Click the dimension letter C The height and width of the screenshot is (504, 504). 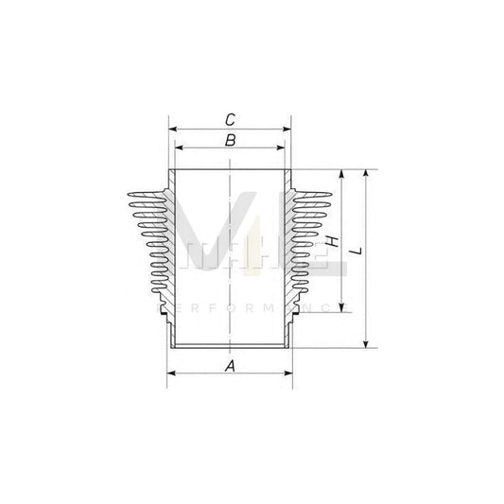click(x=230, y=119)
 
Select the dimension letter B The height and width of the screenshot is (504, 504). click(x=230, y=141)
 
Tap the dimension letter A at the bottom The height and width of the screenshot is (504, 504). click(x=230, y=366)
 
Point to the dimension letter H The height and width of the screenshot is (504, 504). click(x=333, y=244)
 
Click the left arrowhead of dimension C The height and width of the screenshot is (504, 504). click(x=171, y=129)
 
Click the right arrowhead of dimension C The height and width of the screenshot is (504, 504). click(x=288, y=129)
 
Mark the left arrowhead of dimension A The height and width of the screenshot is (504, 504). click(x=171, y=374)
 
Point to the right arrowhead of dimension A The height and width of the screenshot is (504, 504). click(x=288, y=374)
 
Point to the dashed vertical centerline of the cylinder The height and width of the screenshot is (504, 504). click(x=230, y=255)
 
